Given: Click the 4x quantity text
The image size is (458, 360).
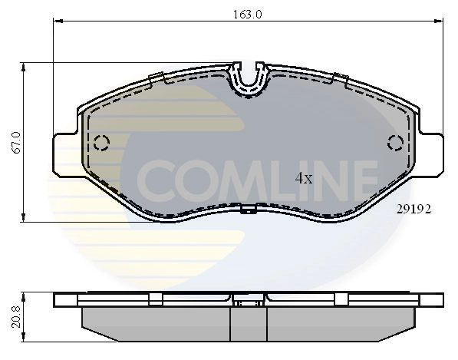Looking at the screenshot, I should point(304,178).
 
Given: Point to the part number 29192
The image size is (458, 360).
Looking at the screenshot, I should point(413,208).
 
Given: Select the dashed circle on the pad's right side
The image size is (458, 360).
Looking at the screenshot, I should point(397,142).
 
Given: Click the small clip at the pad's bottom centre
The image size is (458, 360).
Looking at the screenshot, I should point(247,209).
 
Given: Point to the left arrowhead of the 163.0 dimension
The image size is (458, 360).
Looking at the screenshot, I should point(56,21).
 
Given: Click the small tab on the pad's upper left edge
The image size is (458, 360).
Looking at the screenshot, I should point(156,76).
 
